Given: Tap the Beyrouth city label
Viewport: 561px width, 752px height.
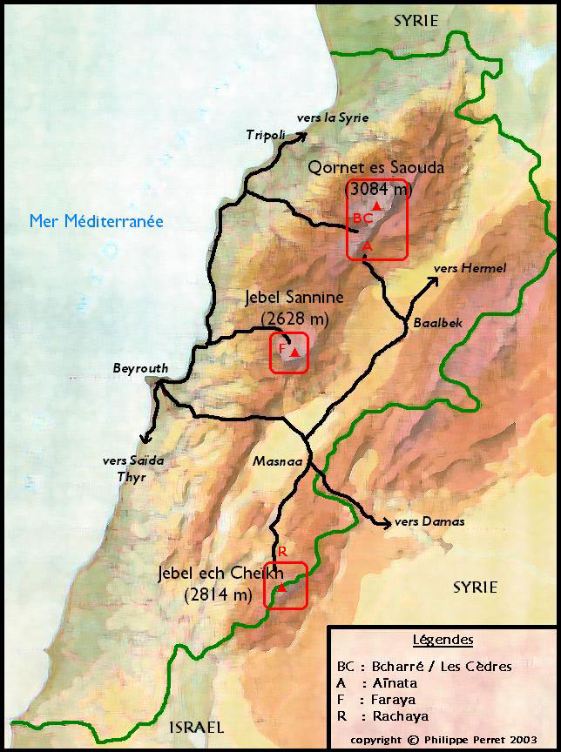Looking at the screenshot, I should [x=140, y=368].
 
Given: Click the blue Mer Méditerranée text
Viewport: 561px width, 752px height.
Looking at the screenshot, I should [x=96, y=221].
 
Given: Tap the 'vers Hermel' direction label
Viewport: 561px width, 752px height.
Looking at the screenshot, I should [x=470, y=268].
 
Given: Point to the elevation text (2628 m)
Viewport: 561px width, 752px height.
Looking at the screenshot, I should [x=294, y=316].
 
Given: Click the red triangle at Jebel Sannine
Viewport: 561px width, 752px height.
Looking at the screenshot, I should [x=295, y=352].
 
